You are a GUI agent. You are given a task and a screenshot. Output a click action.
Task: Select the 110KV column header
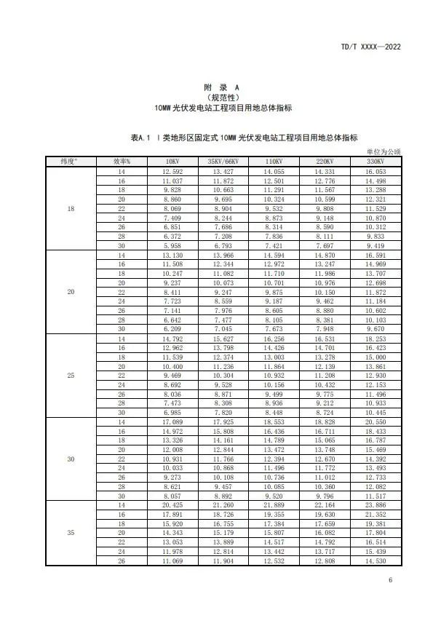[x=274, y=160]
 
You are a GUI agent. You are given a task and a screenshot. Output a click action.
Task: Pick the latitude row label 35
[x=71, y=534]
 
